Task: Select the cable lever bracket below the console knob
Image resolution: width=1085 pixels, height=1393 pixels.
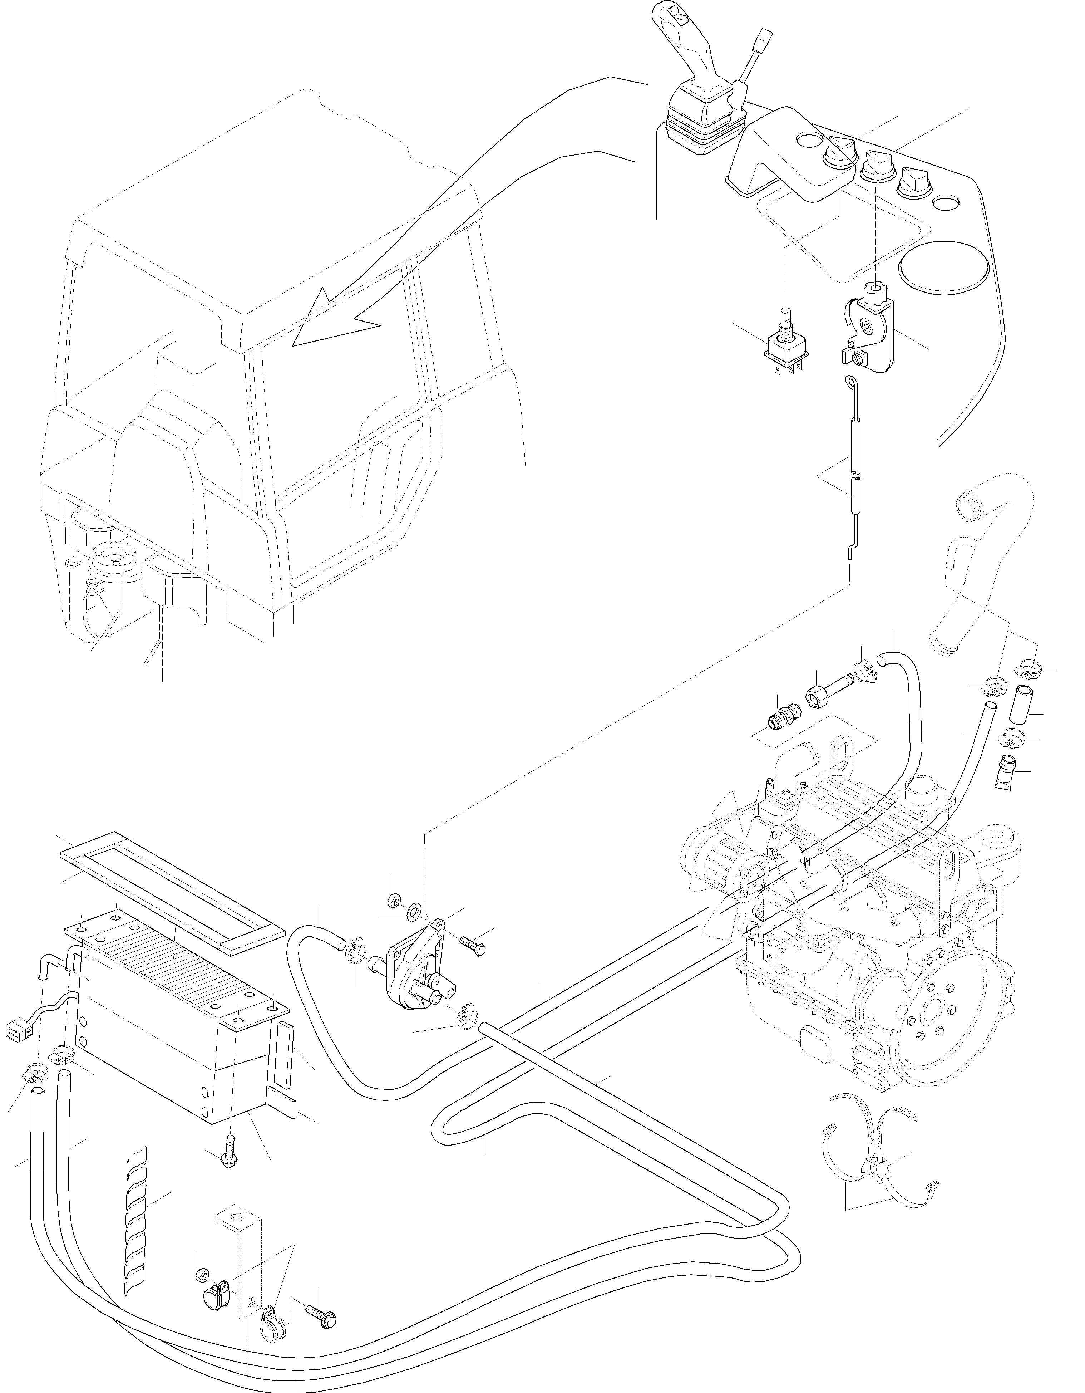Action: click(x=868, y=332)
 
